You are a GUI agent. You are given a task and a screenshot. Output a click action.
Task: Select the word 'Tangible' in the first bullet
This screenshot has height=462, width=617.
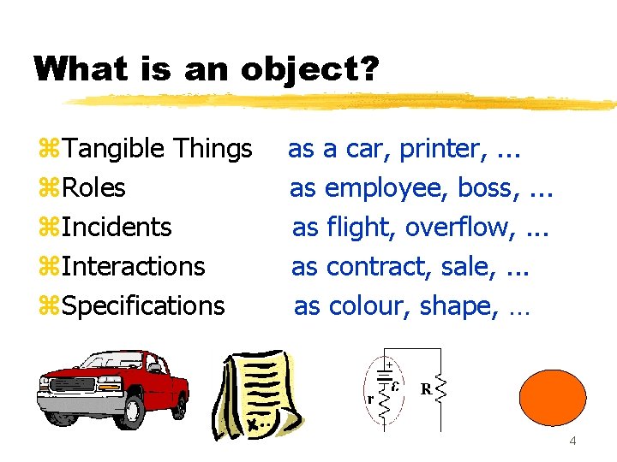[115, 149]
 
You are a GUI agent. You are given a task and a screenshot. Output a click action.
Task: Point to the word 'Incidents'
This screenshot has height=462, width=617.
[117, 228]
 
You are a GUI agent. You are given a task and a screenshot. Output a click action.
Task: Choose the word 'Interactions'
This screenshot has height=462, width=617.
[134, 267]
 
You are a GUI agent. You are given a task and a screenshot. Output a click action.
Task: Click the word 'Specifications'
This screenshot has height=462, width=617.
[144, 306]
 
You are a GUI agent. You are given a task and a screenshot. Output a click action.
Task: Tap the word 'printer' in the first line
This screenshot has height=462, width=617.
[440, 149]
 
